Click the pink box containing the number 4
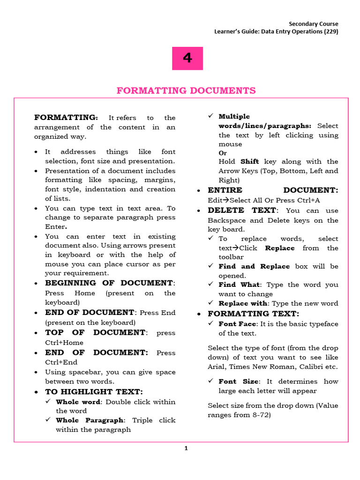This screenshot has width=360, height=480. point(187,58)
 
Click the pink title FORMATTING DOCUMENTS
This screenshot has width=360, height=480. point(186,90)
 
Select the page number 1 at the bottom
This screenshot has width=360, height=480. point(186,449)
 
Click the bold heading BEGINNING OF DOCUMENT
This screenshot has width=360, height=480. point(109,283)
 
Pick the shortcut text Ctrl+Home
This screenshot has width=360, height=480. point(64,343)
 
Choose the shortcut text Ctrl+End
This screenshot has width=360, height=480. point(61,362)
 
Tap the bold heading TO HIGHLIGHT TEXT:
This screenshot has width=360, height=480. point(94,392)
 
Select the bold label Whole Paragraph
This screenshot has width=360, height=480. point(90,420)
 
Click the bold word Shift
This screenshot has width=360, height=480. point(249,162)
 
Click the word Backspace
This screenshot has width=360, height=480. point(226,220)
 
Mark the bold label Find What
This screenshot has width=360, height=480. point(239,285)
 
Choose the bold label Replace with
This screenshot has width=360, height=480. point(243,304)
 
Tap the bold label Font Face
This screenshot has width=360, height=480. point(237,324)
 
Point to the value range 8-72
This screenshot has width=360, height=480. point(260,415)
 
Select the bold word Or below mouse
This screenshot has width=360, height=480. point(223,153)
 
